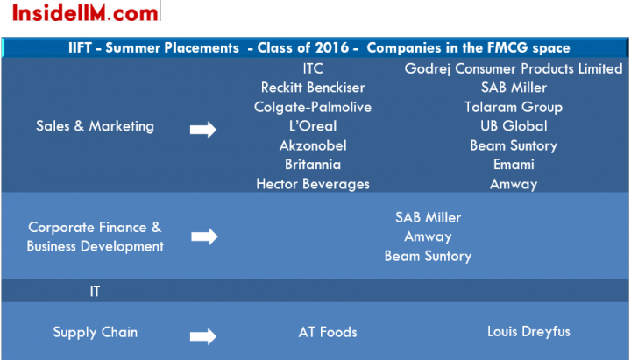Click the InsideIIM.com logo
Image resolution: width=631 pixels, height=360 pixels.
tap(85, 12)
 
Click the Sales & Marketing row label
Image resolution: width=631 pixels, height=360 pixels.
tap(95, 126)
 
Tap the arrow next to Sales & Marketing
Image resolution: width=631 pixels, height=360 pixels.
tap(203, 130)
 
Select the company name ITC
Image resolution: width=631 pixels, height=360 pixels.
tap(313, 68)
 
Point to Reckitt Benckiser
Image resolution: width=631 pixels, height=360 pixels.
tap(313, 88)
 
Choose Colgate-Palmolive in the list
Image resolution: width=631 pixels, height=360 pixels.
tap(313, 107)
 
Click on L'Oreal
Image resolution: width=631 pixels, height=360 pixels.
tap(313, 126)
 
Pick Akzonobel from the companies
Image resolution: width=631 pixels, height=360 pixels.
tap(313, 145)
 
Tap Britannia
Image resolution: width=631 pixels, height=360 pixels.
tap(313, 165)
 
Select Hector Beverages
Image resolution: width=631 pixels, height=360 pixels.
tap(313, 184)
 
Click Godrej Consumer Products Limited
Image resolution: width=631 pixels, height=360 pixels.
tap(514, 68)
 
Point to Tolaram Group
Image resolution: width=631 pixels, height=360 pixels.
tap(514, 107)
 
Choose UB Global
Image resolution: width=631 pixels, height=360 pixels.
tap(514, 126)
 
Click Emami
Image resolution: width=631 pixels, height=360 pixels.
tap(514, 165)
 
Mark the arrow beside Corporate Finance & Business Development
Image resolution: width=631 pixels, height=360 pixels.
tap(204, 236)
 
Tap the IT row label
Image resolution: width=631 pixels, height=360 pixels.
tap(95, 291)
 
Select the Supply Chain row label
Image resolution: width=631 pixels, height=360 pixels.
tap(95, 332)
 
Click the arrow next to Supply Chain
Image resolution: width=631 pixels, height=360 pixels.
tap(203, 336)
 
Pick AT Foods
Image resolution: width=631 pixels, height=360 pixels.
tap(328, 332)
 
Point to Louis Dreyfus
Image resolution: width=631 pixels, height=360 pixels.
tap(528, 332)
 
